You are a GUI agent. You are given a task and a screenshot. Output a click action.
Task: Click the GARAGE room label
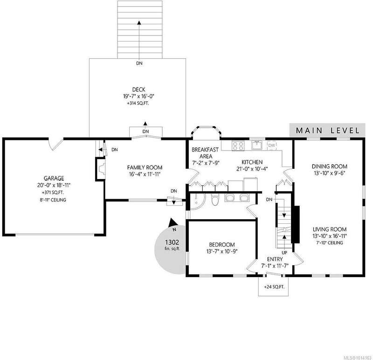tap(54, 178)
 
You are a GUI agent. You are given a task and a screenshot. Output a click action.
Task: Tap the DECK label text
tap(138, 90)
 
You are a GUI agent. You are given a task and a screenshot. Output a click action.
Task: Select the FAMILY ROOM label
tap(145, 167)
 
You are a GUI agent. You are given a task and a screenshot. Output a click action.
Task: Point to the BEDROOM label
tap(222, 245)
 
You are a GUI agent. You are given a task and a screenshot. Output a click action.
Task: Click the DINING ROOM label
tap(330, 166)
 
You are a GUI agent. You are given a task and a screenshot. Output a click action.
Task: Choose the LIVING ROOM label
tap(330, 229)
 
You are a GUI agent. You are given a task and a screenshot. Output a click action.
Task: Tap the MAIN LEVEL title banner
tap(327, 131)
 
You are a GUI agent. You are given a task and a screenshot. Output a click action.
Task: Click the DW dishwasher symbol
tap(272, 145)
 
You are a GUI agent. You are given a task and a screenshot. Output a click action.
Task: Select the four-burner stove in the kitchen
tap(238, 145)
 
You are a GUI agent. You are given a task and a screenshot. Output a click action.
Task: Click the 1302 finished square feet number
tap(172, 242)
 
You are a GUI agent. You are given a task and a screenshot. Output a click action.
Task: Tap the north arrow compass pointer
tap(173, 223)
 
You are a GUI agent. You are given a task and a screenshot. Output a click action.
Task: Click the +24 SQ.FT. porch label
tap(274, 287)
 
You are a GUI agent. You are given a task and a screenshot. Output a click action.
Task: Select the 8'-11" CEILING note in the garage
tap(53, 200)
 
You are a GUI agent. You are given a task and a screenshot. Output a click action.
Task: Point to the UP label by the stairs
tap(284, 252)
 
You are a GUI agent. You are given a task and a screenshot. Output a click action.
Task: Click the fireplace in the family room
tap(100, 169)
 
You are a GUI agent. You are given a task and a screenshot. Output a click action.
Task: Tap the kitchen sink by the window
tap(257, 145)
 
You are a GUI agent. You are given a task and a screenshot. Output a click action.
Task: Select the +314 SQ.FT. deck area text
tap(138, 104)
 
